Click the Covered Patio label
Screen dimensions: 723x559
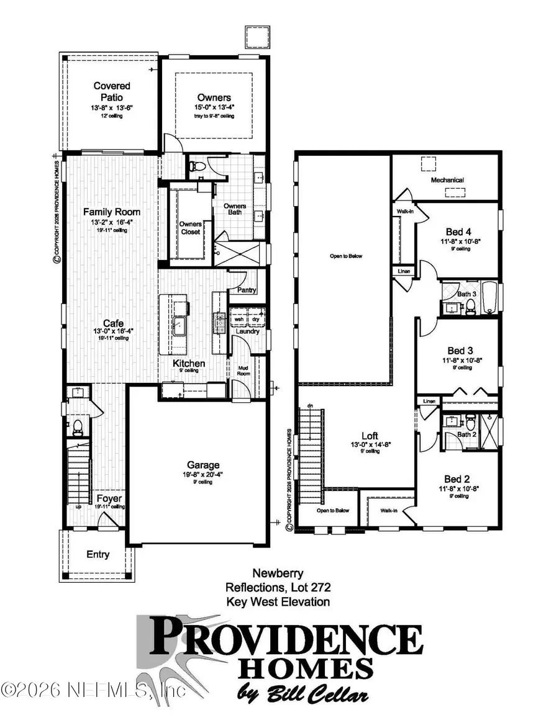pos(108,91)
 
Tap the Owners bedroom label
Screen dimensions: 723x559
pos(214,97)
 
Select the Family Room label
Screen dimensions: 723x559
pos(112,212)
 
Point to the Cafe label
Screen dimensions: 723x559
pos(112,323)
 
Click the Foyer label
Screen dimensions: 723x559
pos(109,498)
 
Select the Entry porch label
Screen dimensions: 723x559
pos(98,554)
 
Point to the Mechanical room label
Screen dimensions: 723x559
pos(448,180)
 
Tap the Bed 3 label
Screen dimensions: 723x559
pos(460,349)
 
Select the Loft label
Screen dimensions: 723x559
pos(370,436)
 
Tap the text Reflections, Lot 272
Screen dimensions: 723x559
pos(278,588)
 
